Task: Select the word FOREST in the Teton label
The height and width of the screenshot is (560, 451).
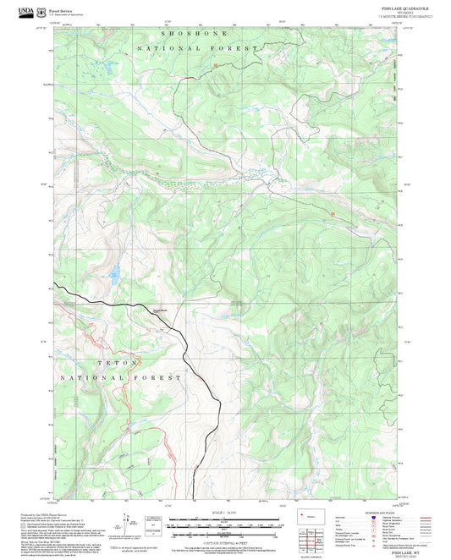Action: [x=163, y=376]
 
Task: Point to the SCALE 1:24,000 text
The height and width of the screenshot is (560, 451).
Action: [x=224, y=513]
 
